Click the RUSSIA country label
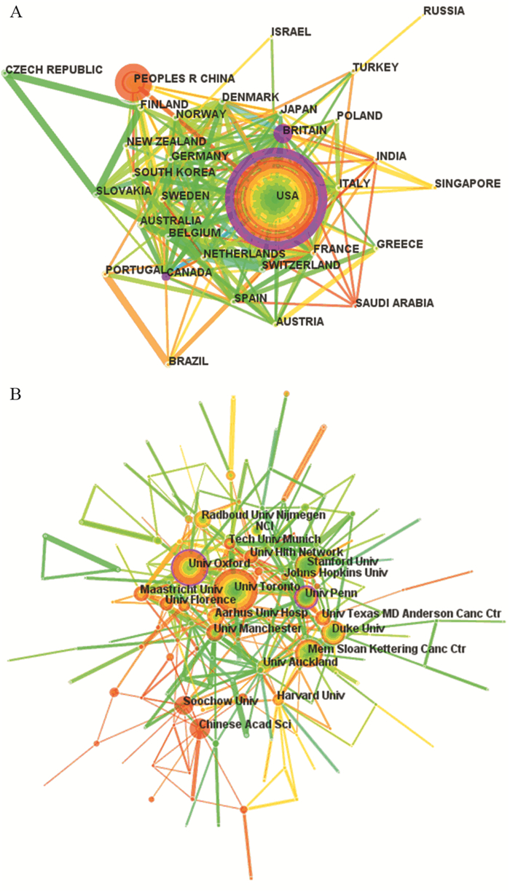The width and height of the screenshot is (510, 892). pyautogui.click(x=444, y=11)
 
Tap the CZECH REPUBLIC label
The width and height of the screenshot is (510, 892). pyautogui.click(x=54, y=71)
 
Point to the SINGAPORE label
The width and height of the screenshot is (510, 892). pyautogui.click(x=467, y=184)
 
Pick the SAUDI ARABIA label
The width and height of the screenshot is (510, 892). pyautogui.click(x=394, y=303)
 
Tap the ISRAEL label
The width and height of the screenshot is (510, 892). pyautogui.click(x=291, y=32)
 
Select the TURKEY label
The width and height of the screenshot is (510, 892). pyautogui.click(x=375, y=68)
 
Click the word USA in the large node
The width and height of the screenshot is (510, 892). pyautogui.click(x=287, y=196)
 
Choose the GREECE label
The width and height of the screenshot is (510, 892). pyautogui.click(x=400, y=244)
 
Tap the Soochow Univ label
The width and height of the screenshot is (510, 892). pyautogui.click(x=221, y=701)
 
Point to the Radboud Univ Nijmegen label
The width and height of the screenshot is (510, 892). pyautogui.click(x=264, y=514)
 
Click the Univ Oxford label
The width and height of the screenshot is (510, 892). pyautogui.click(x=219, y=562)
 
